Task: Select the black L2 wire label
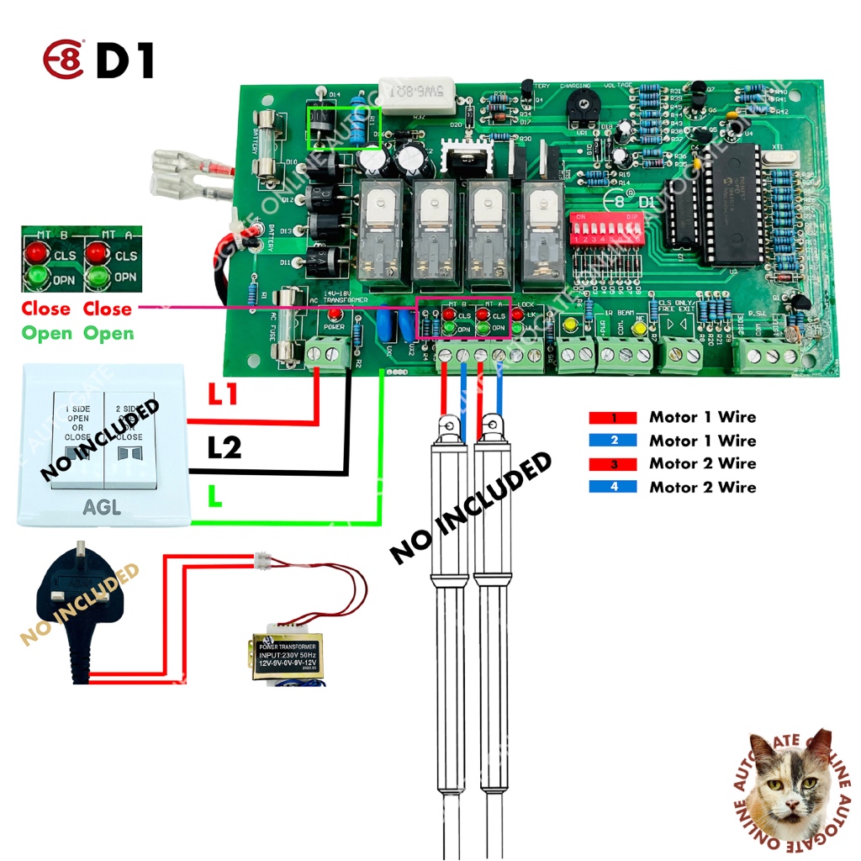[x=224, y=447]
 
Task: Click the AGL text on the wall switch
[x=102, y=507]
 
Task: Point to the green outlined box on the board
[x=345, y=128]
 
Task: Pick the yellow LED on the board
[x=570, y=325]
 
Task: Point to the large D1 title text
[x=125, y=61]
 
